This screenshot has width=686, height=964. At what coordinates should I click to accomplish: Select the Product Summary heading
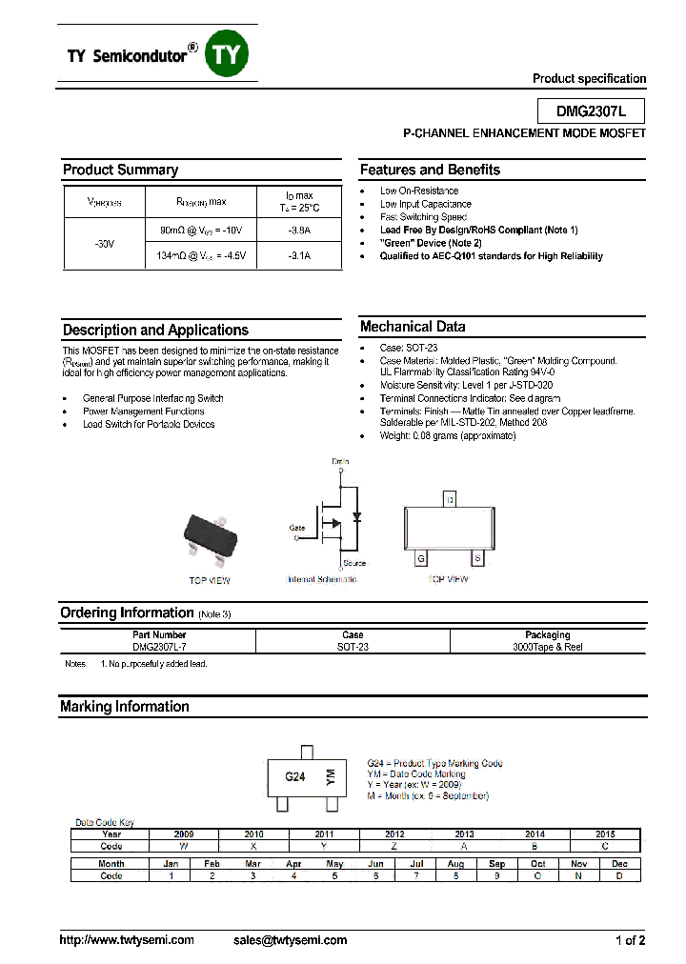120,170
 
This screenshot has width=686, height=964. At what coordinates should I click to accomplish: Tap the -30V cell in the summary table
104,244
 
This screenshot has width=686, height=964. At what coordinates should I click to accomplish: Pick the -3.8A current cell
298,231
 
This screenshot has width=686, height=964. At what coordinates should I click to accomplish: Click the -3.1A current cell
298,257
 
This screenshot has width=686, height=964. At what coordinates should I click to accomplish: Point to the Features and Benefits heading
430,170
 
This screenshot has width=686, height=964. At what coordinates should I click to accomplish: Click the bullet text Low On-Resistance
418,191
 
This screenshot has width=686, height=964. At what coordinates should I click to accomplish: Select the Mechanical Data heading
413,327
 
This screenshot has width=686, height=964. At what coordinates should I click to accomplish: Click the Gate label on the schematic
296,527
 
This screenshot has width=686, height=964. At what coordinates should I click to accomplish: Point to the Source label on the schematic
353,564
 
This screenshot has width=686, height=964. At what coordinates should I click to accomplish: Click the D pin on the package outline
449,499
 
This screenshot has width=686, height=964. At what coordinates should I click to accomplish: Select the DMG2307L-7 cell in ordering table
159,647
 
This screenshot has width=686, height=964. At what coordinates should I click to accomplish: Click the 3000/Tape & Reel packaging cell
547,647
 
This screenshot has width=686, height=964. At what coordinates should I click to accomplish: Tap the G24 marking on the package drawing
295,776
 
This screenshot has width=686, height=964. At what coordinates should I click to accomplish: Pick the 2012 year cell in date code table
394,833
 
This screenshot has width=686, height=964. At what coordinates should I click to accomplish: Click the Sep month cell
496,864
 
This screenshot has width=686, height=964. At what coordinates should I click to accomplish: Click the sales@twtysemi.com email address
290,940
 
